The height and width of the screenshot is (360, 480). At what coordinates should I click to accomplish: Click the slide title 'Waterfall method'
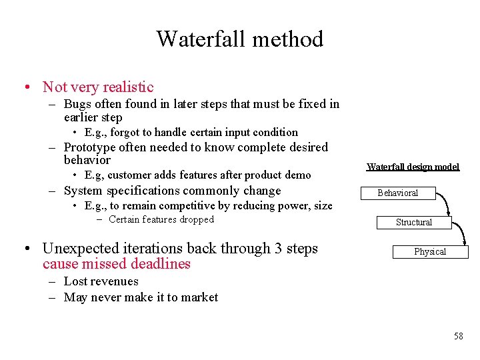click(x=240, y=39)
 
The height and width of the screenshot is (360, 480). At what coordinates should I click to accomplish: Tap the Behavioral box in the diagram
click(x=397, y=193)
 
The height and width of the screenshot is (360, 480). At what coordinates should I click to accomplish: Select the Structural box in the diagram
click(x=413, y=223)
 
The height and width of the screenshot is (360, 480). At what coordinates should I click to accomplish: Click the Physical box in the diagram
click(x=430, y=252)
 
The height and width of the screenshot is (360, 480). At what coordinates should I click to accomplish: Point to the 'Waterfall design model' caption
click(x=413, y=167)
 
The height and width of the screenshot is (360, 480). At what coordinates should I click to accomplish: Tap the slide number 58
click(x=458, y=336)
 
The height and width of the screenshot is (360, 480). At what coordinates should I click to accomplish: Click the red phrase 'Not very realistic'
click(x=98, y=87)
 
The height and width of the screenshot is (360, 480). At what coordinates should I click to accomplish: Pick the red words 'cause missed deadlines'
click(x=116, y=264)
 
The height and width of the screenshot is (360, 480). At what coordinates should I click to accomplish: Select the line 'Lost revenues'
click(x=101, y=281)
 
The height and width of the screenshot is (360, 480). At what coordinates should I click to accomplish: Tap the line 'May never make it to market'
click(x=141, y=297)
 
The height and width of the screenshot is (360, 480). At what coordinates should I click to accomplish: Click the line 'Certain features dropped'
click(x=161, y=219)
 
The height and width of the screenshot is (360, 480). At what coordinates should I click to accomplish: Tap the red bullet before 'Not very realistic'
click(x=25, y=87)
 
